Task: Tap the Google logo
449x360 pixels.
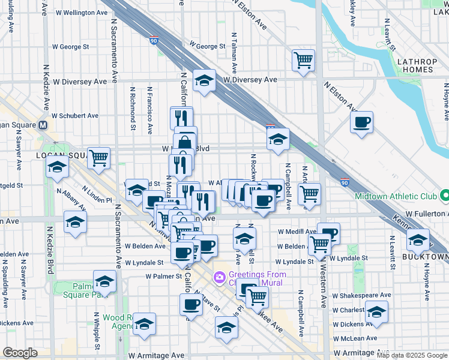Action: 20,353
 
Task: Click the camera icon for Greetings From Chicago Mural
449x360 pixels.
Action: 219,277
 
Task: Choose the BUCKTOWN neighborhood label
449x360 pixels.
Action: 426,257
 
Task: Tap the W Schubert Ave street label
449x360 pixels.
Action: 74,115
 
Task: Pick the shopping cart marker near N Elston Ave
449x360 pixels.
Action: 304,60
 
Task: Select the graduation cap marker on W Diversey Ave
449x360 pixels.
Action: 204,80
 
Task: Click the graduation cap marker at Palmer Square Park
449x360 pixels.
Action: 104,281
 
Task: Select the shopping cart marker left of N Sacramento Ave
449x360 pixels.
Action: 98,158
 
